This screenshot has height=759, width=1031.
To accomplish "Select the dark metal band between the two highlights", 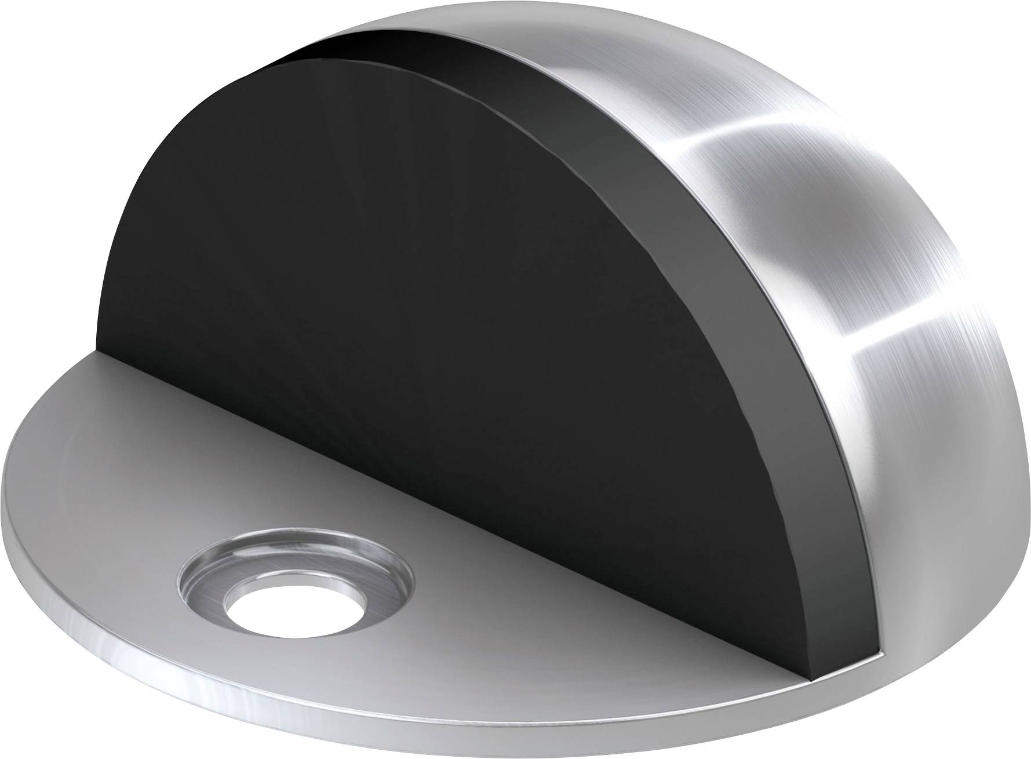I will click(840, 232).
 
